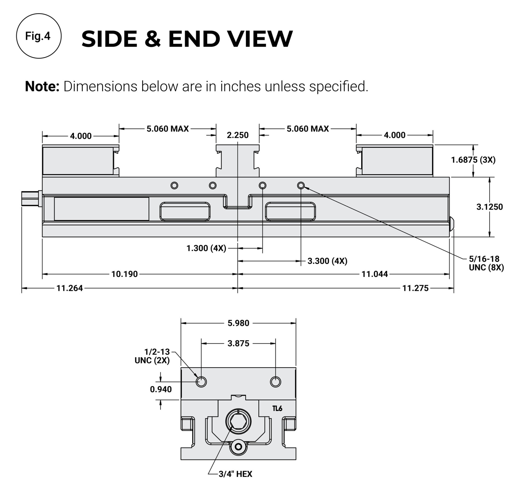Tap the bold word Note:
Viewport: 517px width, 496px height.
coord(42,87)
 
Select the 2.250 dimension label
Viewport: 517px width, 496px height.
coord(237,135)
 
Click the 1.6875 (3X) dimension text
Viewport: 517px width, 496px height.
coord(473,160)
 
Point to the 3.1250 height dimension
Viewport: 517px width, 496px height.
coord(490,207)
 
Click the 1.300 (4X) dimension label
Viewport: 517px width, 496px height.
coord(206,248)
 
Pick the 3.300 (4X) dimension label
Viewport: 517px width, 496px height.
coord(327,261)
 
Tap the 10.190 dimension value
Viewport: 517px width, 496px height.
coord(125,274)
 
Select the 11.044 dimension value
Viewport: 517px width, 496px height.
coord(375,274)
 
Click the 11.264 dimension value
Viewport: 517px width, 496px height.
coord(69,288)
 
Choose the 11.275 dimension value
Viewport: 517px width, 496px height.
coord(415,288)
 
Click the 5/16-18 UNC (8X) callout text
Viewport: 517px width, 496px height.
coord(486,263)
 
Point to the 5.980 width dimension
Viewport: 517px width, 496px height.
coord(238,323)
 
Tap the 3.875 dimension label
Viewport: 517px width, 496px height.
coord(238,344)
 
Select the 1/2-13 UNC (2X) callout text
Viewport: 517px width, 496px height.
coord(152,356)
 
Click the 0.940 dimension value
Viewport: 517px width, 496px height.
coord(161,389)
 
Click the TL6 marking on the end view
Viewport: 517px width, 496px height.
coord(277,409)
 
